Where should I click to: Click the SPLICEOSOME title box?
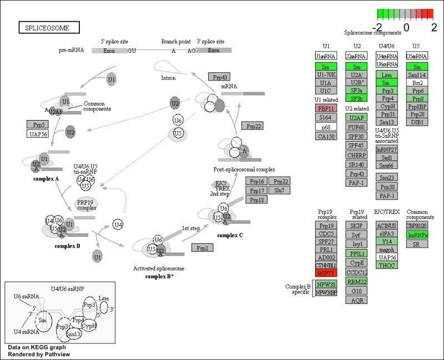coord(49,27)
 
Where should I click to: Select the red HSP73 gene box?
coord(326,274)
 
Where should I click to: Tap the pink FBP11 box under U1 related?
coord(326,108)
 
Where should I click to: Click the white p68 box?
coord(326,127)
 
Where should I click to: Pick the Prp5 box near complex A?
coord(38,124)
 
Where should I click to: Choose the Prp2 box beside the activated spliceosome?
coord(203,247)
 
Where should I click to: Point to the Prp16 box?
coord(256,181)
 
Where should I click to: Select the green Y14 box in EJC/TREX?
coord(386,241)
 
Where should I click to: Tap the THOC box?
coord(386,265)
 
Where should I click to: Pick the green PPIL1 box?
coord(356,253)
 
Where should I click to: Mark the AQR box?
coord(356,301)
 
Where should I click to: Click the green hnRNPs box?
coord(417,235)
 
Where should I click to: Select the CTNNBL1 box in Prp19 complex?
coord(326,266)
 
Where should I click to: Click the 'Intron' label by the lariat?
coord(168,78)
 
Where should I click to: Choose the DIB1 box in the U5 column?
coord(417,122)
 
